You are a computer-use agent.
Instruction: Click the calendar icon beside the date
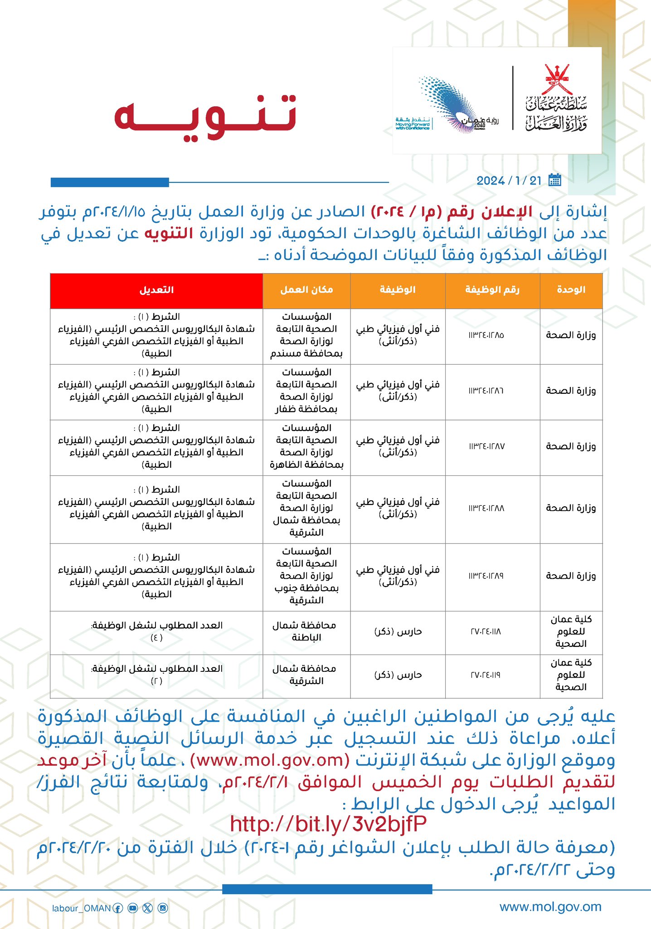554,180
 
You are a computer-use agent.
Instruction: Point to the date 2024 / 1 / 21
509,181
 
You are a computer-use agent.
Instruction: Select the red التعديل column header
156,290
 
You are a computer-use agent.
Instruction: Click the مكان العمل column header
306,290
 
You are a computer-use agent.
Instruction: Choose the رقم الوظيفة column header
492,290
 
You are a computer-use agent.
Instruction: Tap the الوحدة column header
571,290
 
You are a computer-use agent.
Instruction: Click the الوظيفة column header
398,290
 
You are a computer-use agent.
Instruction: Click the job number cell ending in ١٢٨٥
486,336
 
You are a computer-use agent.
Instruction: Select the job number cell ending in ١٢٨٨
486,509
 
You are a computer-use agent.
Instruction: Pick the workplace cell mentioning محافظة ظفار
306,391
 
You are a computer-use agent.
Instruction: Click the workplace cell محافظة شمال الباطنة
305,631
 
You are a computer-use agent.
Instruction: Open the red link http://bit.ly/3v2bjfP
328,824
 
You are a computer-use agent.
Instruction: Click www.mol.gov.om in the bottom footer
550,907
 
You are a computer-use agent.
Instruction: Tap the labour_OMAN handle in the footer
81,908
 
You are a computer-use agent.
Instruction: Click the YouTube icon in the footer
132,908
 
